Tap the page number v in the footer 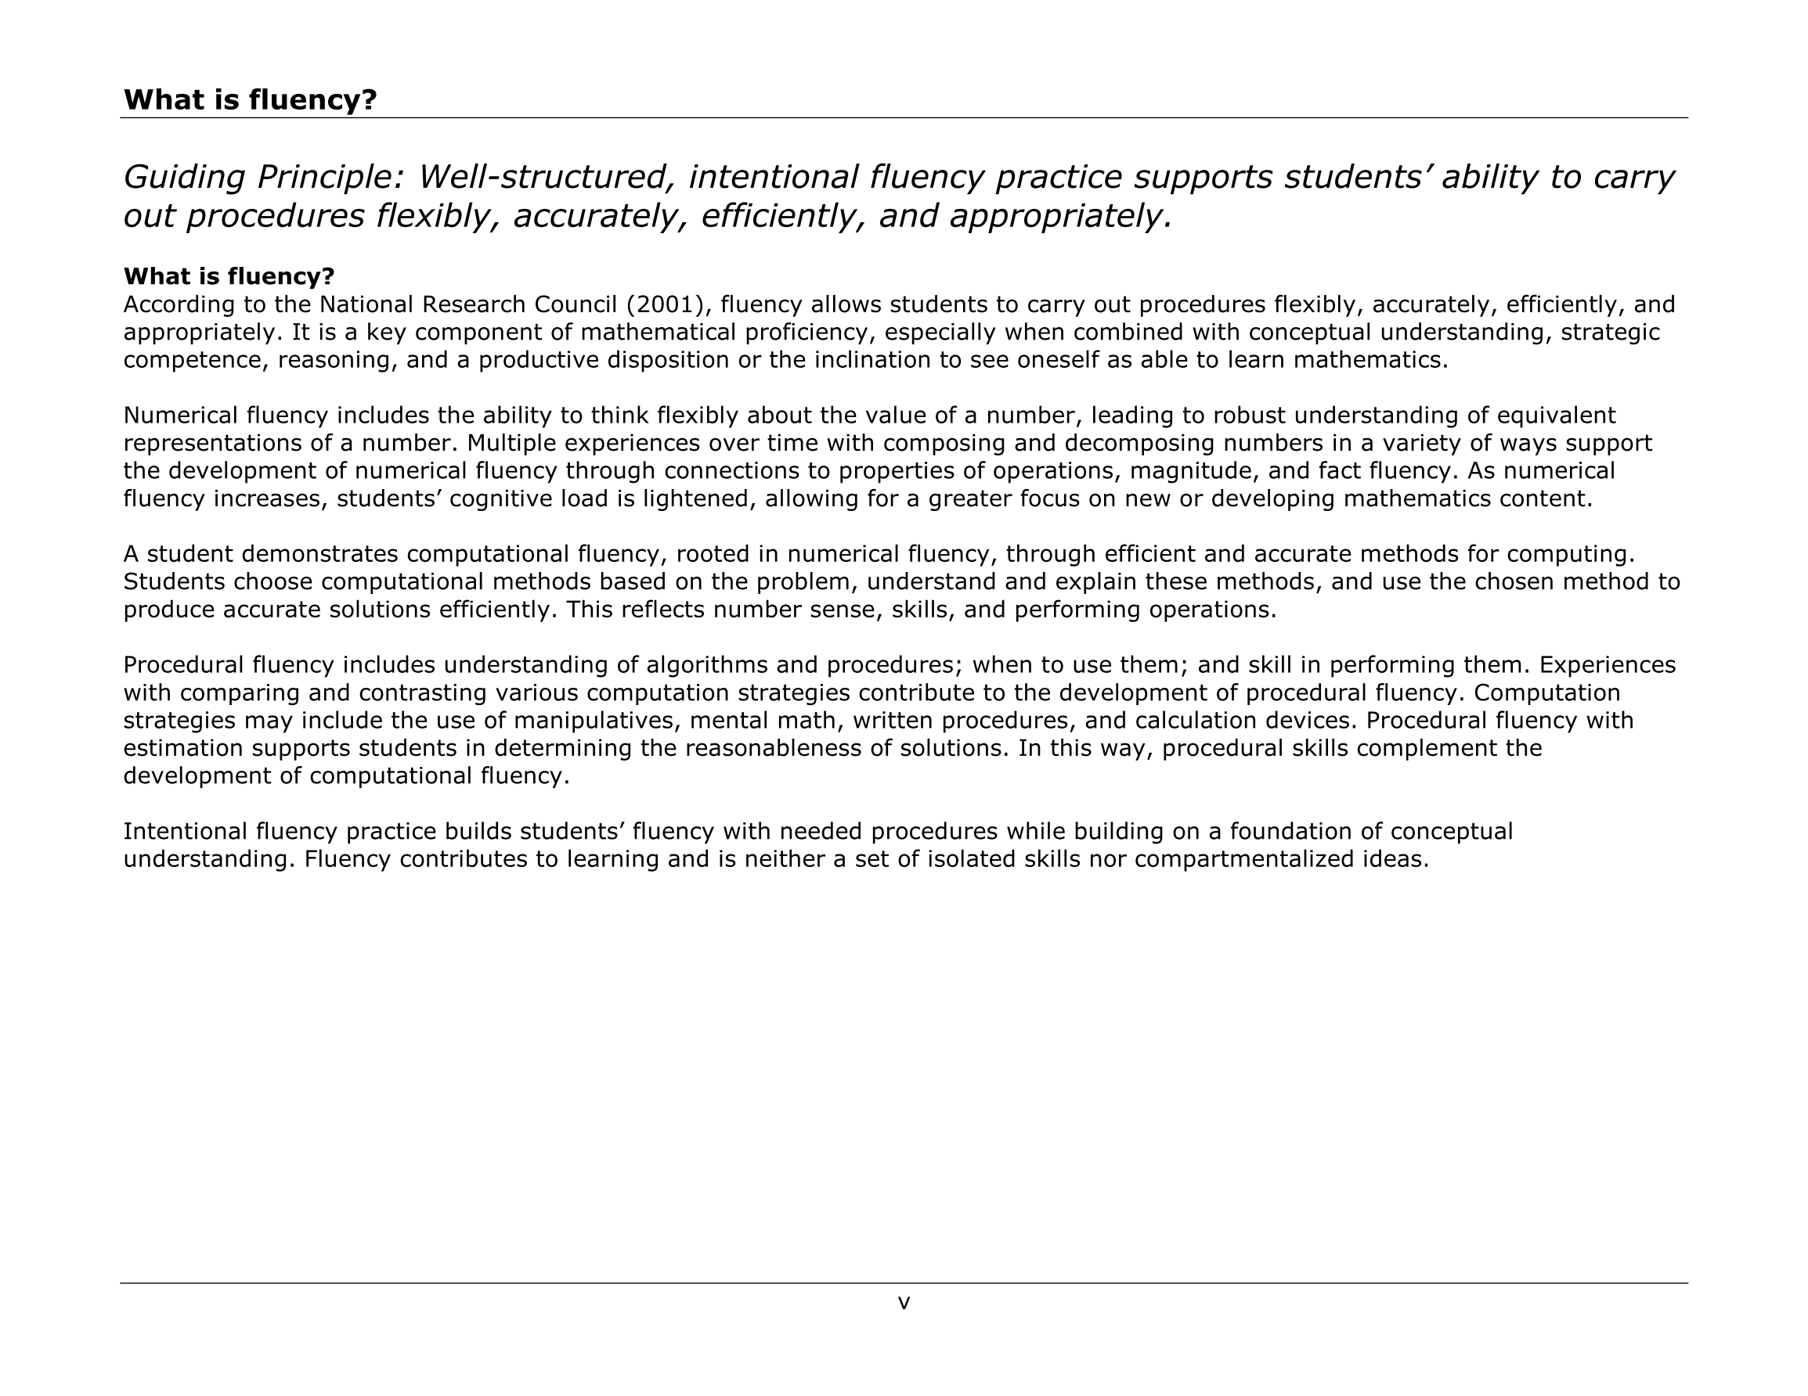coord(904,1304)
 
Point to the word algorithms coord(707,665)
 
